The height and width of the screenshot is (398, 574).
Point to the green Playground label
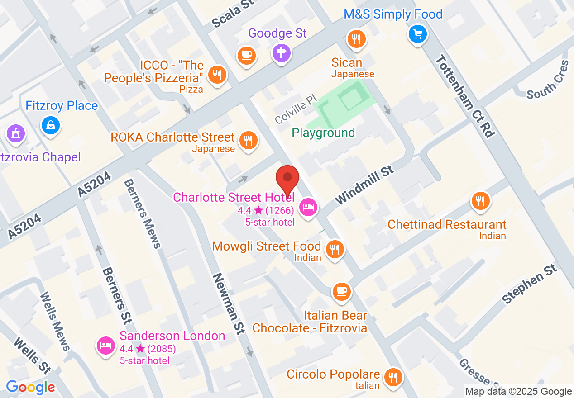pos(323,133)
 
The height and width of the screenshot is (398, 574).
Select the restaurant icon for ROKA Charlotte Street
pos(248,141)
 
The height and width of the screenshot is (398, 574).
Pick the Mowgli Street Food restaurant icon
pos(335,249)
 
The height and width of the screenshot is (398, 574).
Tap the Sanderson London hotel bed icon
pos(106,346)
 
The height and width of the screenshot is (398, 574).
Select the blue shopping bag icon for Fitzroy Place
pos(51,125)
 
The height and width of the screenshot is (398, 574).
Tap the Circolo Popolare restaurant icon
pos(392,377)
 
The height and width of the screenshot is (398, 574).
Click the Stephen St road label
pos(530,284)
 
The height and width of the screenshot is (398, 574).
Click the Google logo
pos(30,387)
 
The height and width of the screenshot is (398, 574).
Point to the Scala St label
pos(232,14)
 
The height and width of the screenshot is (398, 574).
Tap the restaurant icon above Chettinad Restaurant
pos(481,201)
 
